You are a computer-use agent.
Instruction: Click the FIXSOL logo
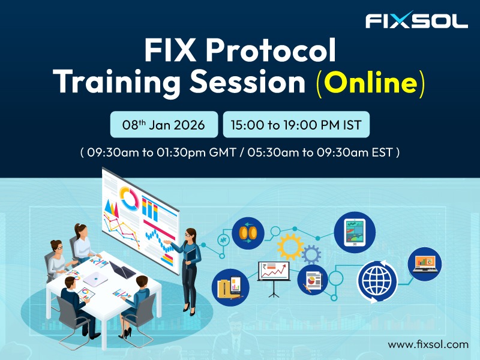416,21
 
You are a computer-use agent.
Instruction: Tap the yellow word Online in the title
370,83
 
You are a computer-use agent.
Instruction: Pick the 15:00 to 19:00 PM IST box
296,125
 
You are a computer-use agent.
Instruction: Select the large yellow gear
290,245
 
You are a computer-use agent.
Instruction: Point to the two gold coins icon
248,232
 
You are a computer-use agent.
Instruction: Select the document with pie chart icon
313,280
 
